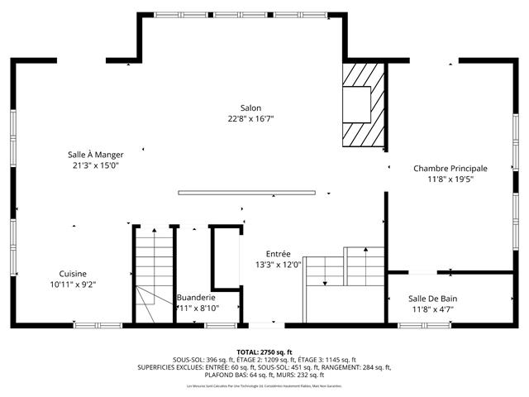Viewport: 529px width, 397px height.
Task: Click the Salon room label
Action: [x=250, y=108]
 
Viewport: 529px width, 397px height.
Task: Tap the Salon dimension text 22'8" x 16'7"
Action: [x=250, y=118]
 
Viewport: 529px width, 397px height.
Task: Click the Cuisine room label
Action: [x=73, y=274]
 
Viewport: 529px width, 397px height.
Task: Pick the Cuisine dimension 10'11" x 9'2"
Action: [x=73, y=285]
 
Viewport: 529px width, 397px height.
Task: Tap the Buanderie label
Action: [x=196, y=297]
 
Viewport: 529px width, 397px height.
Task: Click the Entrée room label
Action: [x=278, y=254]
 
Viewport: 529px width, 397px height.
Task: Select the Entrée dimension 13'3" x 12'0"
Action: [x=278, y=265]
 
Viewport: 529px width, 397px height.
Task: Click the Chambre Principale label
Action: [x=450, y=168]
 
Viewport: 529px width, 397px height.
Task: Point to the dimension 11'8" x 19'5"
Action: [x=450, y=179]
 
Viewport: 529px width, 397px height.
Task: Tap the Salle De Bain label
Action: [x=432, y=299]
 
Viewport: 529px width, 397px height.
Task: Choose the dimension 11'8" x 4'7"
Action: [x=432, y=309]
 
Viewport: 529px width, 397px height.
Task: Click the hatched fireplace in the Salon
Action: [x=365, y=103]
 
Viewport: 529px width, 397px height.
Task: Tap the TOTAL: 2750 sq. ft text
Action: [x=264, y=352]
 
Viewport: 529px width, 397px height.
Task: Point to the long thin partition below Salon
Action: [x=246, y=194]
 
